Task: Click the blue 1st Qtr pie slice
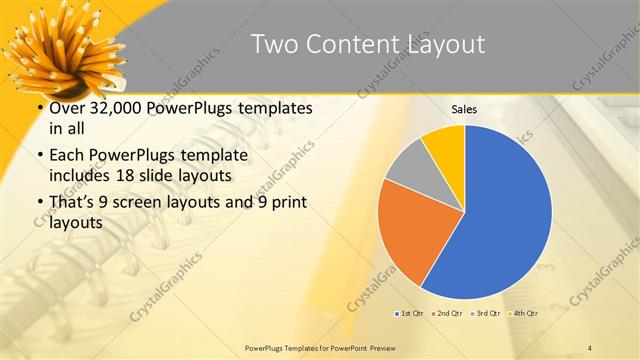(505, 215)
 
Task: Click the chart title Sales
(464, 109)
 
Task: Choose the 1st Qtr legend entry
(408, 314)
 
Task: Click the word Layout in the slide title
(439, 44)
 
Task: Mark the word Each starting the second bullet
(66, 157)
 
